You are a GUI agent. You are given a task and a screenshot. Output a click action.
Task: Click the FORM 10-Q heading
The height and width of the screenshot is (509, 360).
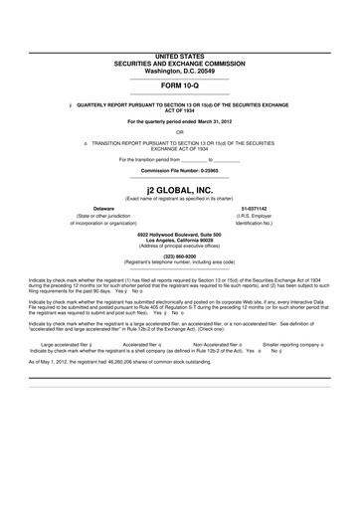pyautogui.click(x=179, y=85)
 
